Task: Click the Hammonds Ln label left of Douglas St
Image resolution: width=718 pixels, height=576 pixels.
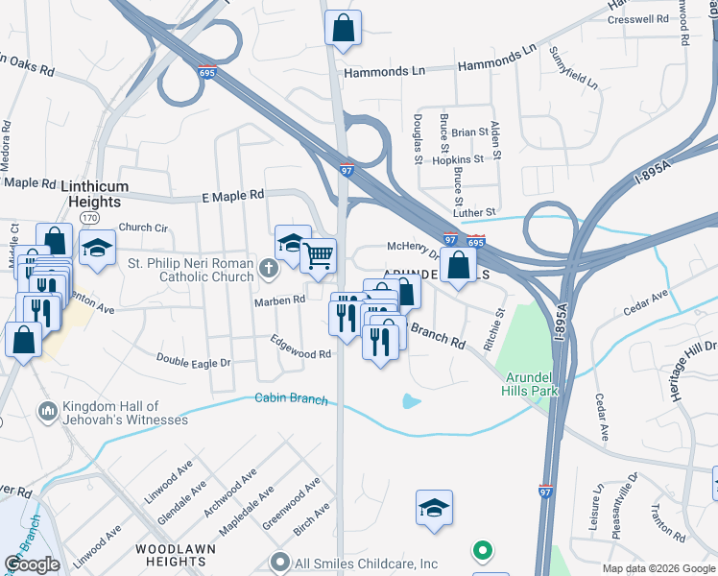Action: point(384,71)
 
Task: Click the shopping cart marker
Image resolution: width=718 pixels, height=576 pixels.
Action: point(317,255)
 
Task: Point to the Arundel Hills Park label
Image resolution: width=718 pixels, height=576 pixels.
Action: point(529,384)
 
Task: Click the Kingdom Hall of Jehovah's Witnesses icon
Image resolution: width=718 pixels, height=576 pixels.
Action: point(46,412)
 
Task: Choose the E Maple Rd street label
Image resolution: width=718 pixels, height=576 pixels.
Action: point(232,195)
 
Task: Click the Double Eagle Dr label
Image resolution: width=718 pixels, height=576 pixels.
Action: point(195,361)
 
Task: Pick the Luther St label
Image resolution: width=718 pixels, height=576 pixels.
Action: point(476,211)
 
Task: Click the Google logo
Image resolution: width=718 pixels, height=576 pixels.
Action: point(32,564)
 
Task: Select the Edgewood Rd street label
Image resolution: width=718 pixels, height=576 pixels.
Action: point(300,347)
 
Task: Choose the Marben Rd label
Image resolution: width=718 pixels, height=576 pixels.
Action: point(278,300)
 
